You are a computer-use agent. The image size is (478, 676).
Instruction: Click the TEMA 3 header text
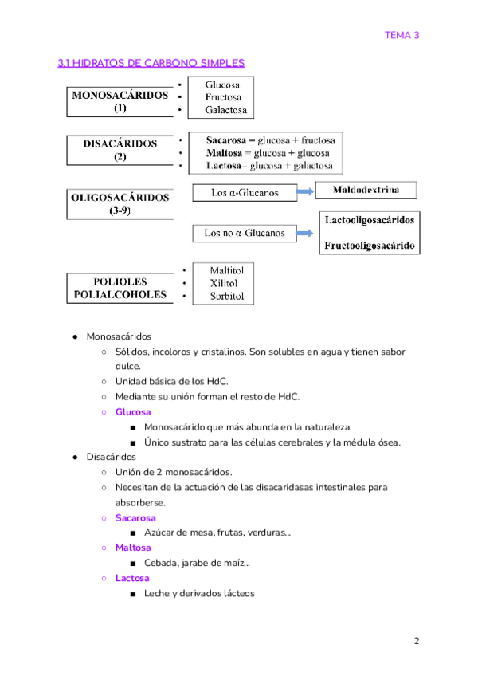coord(402,35)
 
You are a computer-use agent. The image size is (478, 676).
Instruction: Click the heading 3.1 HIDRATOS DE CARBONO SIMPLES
coord(151,63)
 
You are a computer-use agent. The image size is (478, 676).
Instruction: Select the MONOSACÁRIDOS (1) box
coord(120,101)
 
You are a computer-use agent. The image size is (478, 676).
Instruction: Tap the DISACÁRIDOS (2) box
coord(120,151)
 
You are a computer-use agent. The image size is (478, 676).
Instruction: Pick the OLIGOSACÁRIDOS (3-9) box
coord(120,203)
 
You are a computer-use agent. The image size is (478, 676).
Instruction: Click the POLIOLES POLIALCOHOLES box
coord(120,289)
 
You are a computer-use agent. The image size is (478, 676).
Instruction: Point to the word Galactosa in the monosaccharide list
coord(226,110)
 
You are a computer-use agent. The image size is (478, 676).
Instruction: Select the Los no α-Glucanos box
coord(244,234)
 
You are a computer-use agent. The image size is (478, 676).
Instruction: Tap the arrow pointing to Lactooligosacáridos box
coord(306,234)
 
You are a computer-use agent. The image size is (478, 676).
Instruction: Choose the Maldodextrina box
coord(367,191)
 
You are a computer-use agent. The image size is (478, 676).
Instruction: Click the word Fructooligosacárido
coord(370,246)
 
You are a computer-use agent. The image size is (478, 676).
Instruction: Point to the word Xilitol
coord(226,283)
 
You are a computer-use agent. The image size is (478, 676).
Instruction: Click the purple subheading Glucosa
coord(133,412)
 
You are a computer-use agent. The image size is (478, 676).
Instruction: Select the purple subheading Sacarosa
coord(135,518)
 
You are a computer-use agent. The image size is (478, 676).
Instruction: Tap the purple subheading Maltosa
coord(133,548)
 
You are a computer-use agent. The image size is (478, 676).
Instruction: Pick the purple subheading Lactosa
coord(132,579)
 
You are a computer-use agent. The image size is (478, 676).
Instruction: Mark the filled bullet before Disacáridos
coord(74,458)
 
